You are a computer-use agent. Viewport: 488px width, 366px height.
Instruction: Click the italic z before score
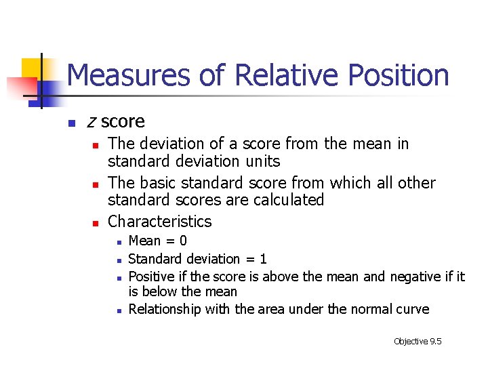point(91,122)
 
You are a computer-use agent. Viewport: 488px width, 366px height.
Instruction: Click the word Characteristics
point(160,221)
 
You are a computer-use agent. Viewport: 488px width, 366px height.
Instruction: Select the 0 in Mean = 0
point(182,241)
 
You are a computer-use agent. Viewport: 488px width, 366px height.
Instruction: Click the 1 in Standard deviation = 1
point(263,259)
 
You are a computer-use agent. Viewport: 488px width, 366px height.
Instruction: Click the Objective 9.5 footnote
point(417,341)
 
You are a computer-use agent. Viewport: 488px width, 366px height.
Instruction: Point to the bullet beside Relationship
point(118,310)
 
